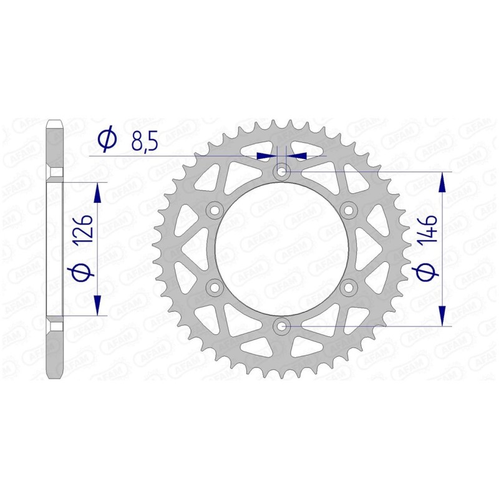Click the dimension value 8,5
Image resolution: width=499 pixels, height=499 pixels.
coord(145,141)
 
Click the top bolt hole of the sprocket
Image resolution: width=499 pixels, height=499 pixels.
coord(282,170)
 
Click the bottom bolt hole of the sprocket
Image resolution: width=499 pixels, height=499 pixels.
coord(282,326)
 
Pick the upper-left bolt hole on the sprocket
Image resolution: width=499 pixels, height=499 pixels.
coord(215,209)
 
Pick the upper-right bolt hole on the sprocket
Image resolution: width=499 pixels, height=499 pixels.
coord(349,209)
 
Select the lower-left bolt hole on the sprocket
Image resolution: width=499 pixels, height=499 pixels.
coord(215,287)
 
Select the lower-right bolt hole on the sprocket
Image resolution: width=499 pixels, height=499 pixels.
coord(349,287)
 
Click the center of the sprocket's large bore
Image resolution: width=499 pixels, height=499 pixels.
coord(282,248)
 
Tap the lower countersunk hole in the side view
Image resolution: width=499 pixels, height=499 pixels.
coord(55,326)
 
